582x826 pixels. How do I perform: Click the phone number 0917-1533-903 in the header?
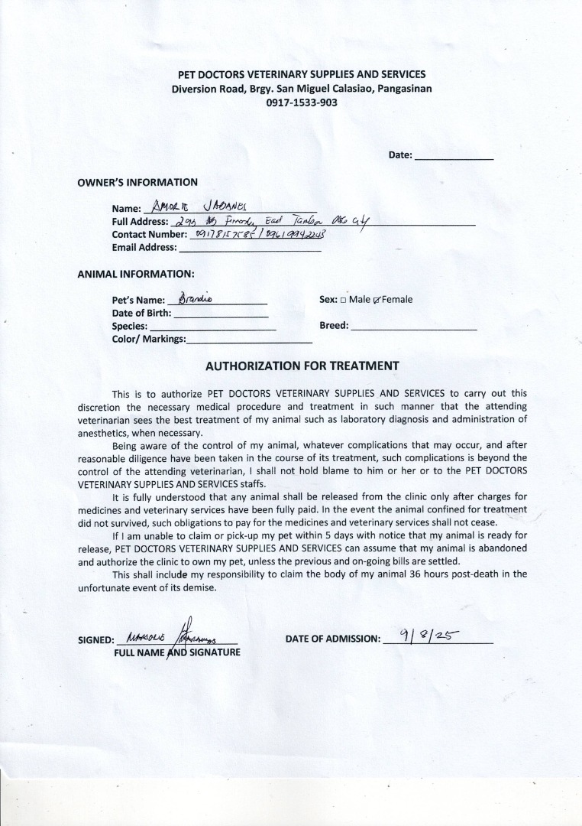coord(302,102)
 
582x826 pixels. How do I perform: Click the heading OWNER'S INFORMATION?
coord(137,182)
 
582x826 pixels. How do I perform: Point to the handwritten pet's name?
coord(194,299)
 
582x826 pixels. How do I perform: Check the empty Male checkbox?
coord(343,300)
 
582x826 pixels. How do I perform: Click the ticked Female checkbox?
coord(377,300)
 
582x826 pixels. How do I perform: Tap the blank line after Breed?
coord(413,326)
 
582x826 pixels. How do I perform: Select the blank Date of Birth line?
coord(221,313)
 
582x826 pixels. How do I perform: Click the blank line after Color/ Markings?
coord(249,339)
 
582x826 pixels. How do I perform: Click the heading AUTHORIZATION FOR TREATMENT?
coord(302,366)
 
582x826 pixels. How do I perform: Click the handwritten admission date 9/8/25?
coord(425,634)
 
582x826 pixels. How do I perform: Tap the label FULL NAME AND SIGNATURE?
coord(177,652)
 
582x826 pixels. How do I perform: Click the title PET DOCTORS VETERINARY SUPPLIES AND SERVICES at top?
coord(302,74)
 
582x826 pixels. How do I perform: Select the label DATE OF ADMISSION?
coord(332,639)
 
